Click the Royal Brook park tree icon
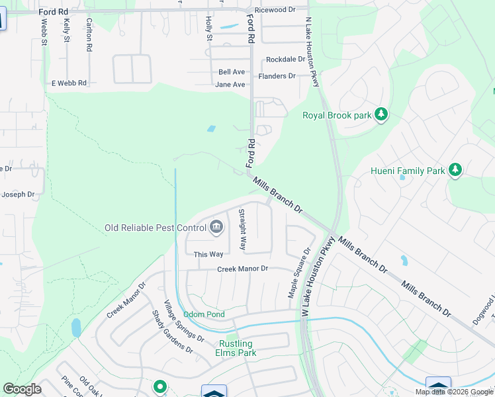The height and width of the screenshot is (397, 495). point(381,115)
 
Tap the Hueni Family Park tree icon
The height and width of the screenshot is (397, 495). point(455,171)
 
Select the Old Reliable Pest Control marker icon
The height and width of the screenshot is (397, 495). point(216,228)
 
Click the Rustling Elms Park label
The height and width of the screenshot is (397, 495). point(237,348)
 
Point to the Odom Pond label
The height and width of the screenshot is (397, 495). point(204,314)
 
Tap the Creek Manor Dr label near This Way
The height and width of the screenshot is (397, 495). point(243,269)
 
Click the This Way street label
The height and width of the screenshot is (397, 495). point(208,255)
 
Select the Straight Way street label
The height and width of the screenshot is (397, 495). point(243,229)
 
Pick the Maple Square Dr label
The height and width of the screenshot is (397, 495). point(298,273)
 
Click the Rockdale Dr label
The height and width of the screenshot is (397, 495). point(286,59)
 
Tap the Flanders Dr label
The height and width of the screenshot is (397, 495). point(277,76)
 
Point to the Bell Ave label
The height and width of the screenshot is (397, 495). point(232,71)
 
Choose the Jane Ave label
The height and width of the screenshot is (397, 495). point(230,85)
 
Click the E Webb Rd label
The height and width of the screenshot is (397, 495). point(69,83)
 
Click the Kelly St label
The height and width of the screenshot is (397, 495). point(66,30)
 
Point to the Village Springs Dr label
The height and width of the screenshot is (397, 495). point(179,324)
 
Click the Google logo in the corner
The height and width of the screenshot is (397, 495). point(22,389)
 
